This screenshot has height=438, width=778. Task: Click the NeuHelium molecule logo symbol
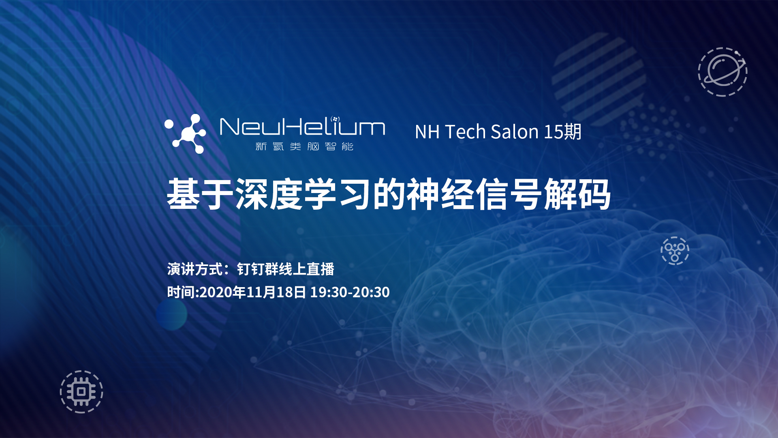click(x=186, y=134)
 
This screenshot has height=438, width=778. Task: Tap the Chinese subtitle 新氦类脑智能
click(x=304, y=146)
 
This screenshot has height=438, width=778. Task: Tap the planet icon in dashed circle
click(x=723, y=72)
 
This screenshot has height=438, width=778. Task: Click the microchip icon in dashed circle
click(x=81, y=392)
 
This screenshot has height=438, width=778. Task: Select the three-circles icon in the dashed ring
click(x=675, y=251)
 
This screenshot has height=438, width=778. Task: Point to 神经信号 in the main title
click(x=474, y=194)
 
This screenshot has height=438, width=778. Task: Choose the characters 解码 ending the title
click(x=577, y=194)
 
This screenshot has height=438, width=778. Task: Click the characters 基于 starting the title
click(x=201, y=194)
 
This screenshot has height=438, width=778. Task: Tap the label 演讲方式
click(x=195, y=269)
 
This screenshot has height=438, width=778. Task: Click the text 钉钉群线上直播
click(x=286, y=269)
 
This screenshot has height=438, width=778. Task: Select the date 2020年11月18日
click(x=253, y=292)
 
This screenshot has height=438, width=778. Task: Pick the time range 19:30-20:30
click(x=350, y=292)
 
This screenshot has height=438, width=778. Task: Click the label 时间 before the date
click(x=181, y=292)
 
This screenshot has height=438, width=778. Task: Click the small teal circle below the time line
click(x=171, y=314)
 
